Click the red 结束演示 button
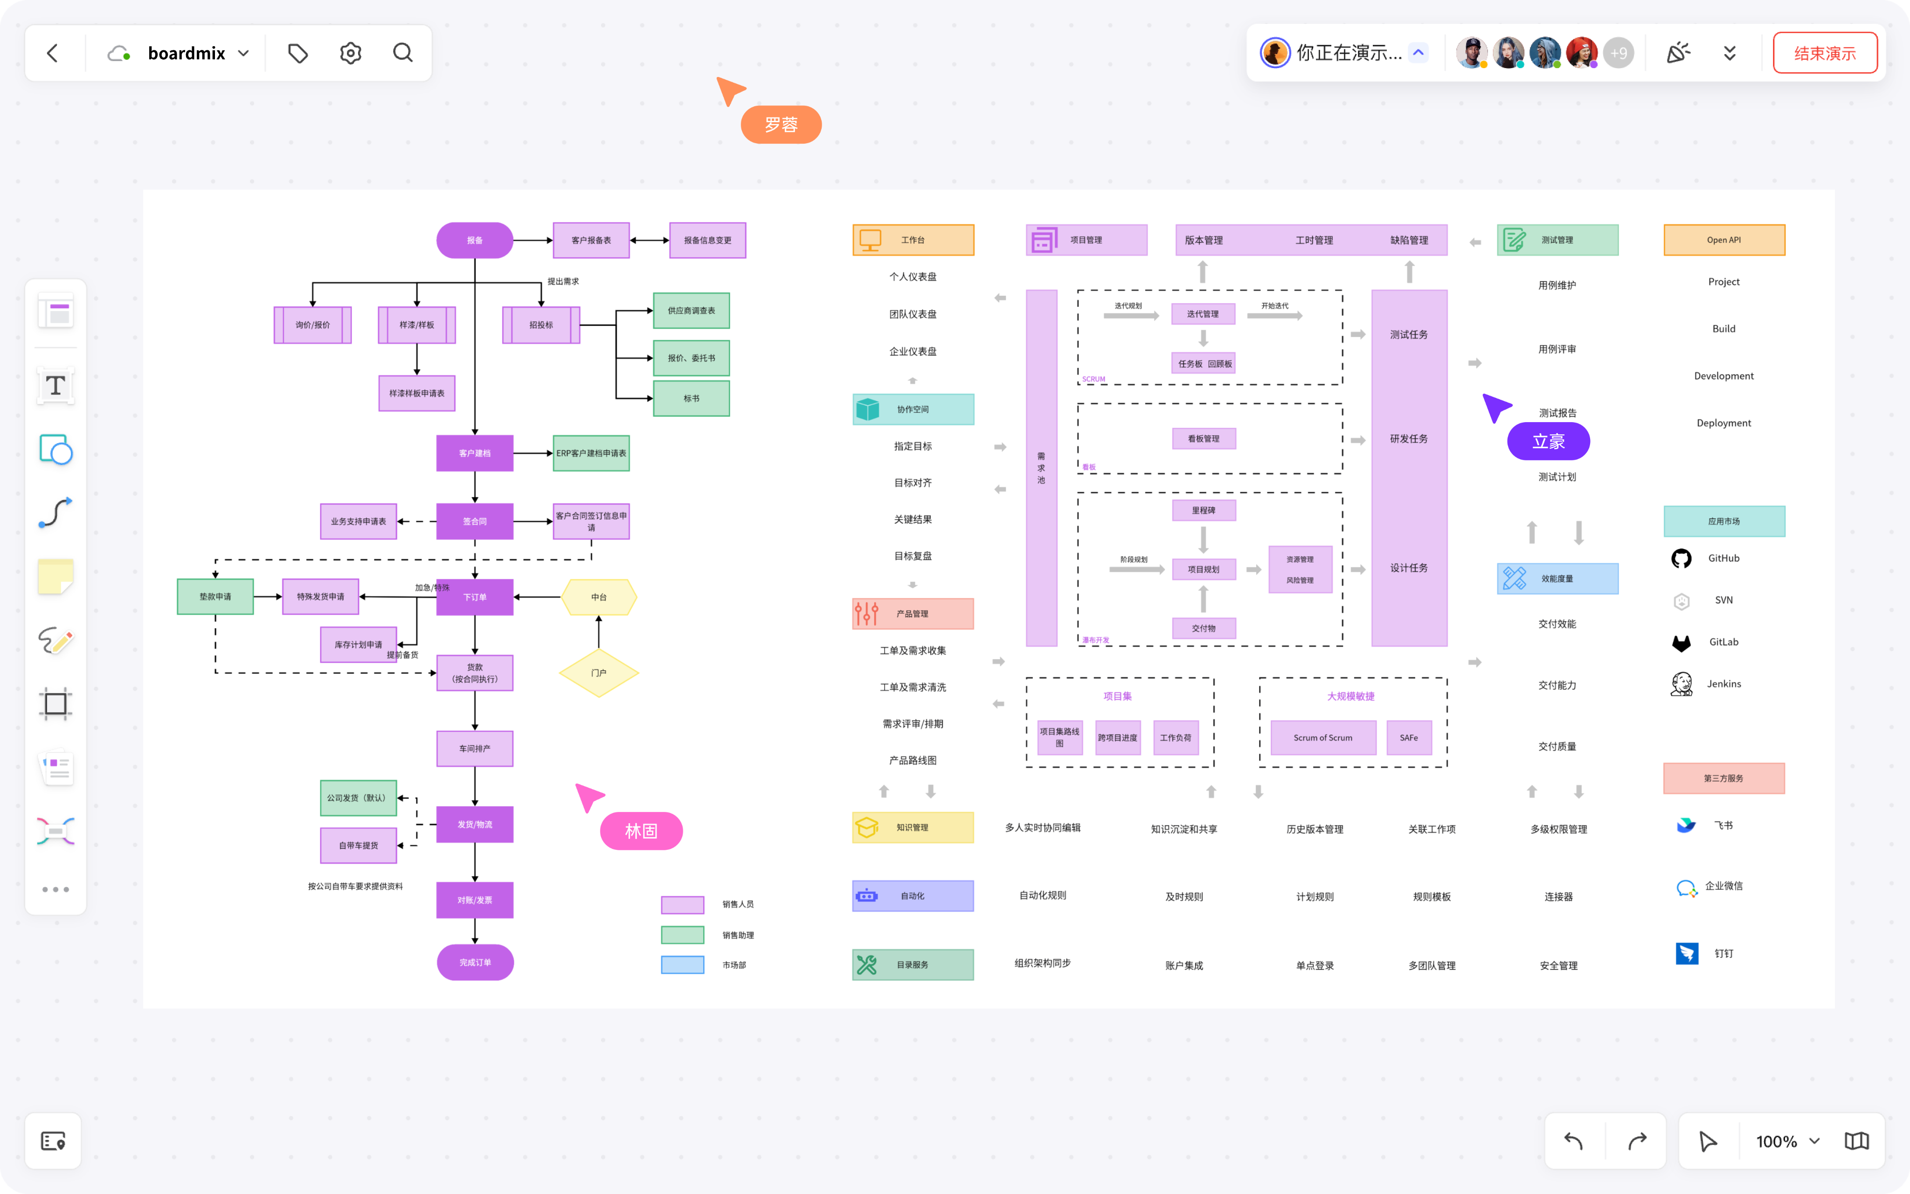coord(1824,53)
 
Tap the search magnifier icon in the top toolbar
coord(402,53)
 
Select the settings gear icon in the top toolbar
coord(350,53)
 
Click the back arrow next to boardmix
coord(53,53)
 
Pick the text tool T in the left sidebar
coord(55,386)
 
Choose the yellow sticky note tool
coord(55,576)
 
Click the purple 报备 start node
coord(474,240)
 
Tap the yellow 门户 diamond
coord(598,673)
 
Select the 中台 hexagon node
coord(598,597)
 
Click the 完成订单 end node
coord(474,963)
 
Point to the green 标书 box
coord(692,399)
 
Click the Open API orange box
coord(1724,240)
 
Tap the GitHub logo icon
coord(1681,558)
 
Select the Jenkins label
coord(1724,684)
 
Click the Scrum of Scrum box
coord(1323,737)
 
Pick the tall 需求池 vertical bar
coord(1041,467)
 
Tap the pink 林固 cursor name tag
coord(641,831)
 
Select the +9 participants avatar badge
coord(1618,53)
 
